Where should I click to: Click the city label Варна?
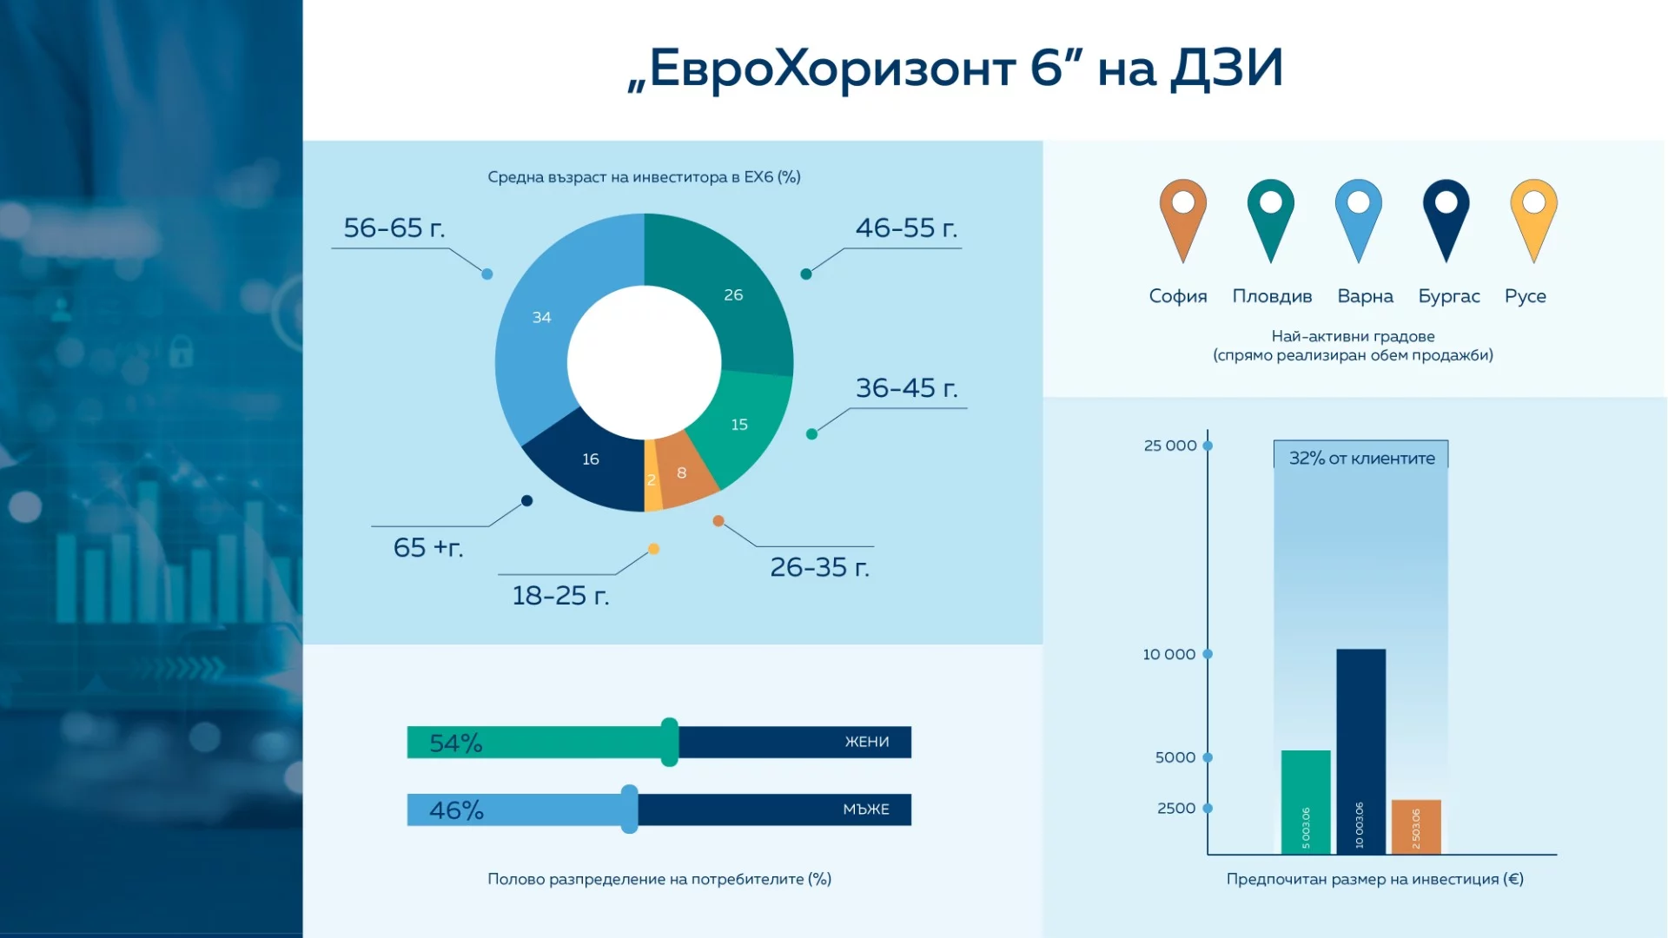pyautogui.click(x=1365, y=296)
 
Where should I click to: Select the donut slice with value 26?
pyautogui.click(x=733, y=295)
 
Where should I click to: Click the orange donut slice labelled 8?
pyautogui.click(x=682, y=473)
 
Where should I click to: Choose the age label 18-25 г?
pyautogui.click(x=560, y=596)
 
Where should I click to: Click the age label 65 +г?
pyautogui.click(x=428, y=548)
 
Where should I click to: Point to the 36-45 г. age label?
pyautogui.click(x=906, y=388)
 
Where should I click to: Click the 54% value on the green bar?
pyautogui.click(x=456, y=743)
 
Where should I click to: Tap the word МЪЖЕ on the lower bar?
pyautogui.click(x=866, y=809)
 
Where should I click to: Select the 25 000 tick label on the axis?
pyautogui.click(x=1169, y=446)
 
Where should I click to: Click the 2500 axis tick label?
pyautogui.click(x=1176, y=809)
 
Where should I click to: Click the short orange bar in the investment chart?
pyautogui.click(x=1416, y=826)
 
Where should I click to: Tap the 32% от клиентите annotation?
pyautogui.click(x=1361, y=458)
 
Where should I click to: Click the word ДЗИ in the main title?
pyautogui.click(x=1227, y=68)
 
